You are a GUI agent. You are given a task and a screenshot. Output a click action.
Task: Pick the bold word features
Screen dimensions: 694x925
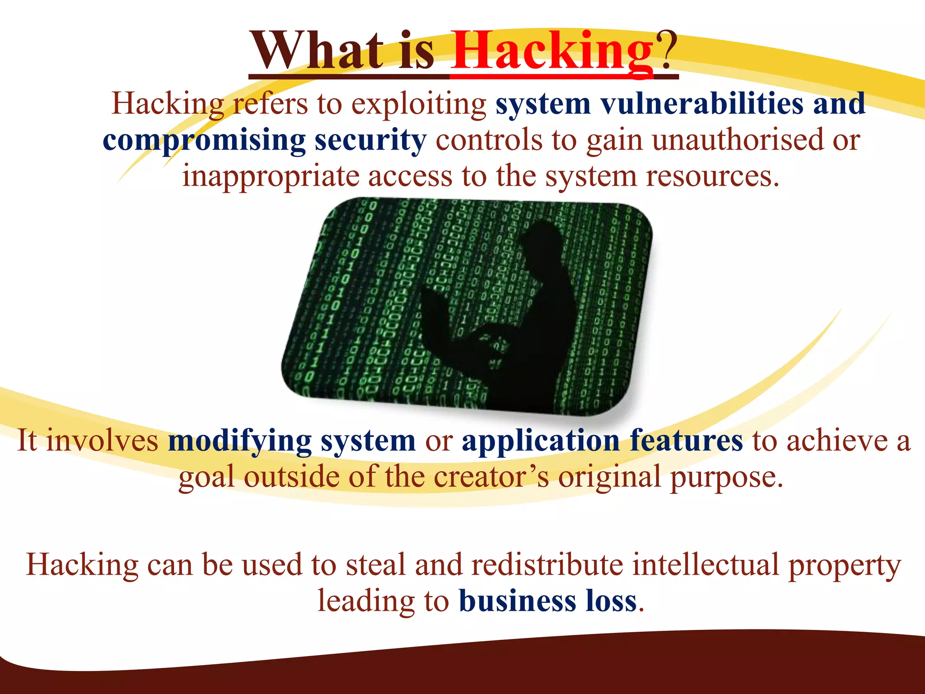coord(686,441)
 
